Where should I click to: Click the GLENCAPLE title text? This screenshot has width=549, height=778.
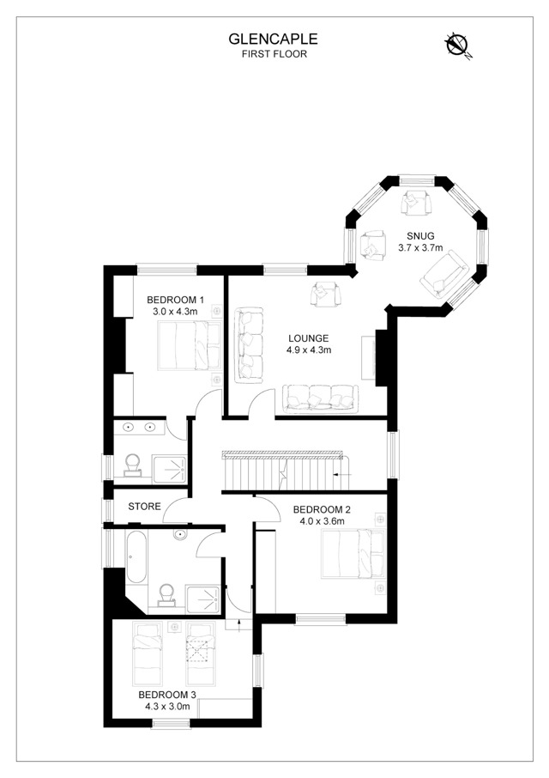pyautogui.click(x=273, y=39)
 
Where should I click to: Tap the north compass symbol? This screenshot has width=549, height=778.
pyautogui.click(x=457, y=44)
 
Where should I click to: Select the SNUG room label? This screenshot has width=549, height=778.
pyautogui.click(x=420, y=236)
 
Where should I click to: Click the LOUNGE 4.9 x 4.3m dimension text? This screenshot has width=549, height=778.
pyautogui.click(x=309, y=349)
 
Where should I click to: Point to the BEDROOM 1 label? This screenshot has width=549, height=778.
pyautogui.click(x=175, y=300)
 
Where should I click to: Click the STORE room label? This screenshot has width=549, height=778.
pyautogui.click(x=145, y=507)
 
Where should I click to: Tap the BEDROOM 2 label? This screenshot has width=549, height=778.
pyautogui.click(x=322, y=509)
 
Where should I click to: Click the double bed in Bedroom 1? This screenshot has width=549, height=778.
pyautogui.click(x=190, y=345)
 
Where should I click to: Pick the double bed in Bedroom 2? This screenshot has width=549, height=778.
pyautogui.click(x=353, y=554)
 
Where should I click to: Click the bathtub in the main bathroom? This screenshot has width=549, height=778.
pyautogui.click(x=136, y=557)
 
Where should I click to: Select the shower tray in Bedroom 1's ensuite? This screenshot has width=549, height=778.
pyautogui.click(x=170, y=469)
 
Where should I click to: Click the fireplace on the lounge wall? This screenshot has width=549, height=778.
pyautogui.click(x=374, y=358)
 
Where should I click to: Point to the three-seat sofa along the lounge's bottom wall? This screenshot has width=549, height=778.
pyautogui.click(x=320, y=398)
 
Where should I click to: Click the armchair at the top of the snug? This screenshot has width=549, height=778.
pyautogui.click(x=416, y=203)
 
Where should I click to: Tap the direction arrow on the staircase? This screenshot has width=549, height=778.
pyautogui.click(x=342, y=475)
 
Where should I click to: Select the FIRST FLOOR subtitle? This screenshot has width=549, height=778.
pyautogui.click(x=274, y=54)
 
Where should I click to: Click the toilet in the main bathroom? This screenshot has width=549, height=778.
pyautogui.click(x=166, y=596)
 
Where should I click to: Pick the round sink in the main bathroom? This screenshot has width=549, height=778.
pyautogui.click(x=180, y=535)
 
